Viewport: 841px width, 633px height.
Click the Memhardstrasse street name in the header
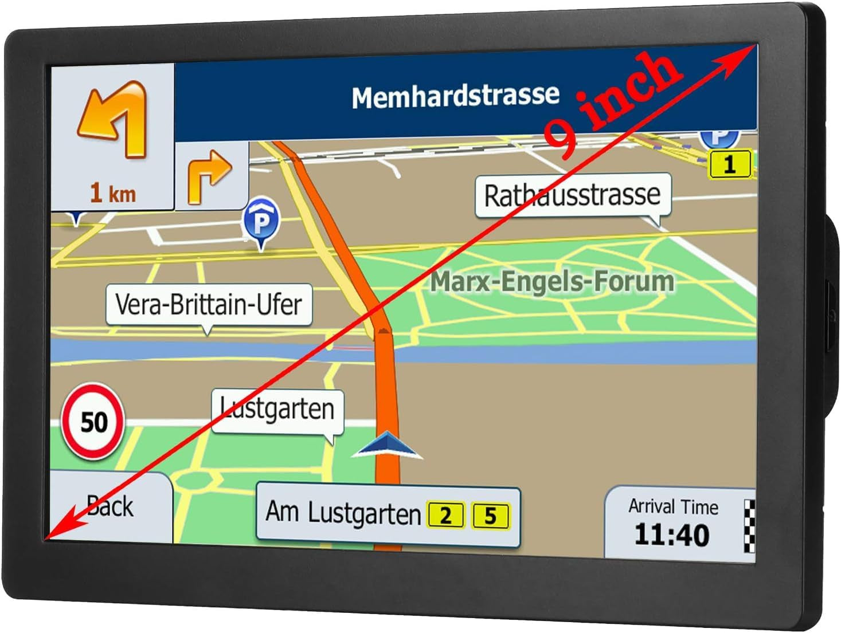coord(455,96)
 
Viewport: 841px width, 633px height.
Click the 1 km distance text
coord(113,193)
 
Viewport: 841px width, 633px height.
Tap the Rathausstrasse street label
coord(572,195)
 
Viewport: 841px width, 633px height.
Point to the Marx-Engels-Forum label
coord(552,282)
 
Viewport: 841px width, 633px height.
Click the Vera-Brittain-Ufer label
coord(209,304)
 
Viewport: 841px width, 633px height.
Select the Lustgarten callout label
coord(277,410)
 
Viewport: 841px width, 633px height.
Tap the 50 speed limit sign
coord(93,422)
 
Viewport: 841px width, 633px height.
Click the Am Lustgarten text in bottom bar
coord(343,513)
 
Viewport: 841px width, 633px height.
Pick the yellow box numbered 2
coord(445,515)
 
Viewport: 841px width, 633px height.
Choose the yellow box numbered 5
coord(490,515)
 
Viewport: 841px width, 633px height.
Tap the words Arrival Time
coord(673,506)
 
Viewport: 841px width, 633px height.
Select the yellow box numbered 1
coord(729,164)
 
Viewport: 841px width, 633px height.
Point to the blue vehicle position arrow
coord(387,445)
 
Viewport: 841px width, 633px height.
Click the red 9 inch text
coord(613,103)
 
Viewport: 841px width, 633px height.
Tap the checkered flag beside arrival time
coord(749,525)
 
